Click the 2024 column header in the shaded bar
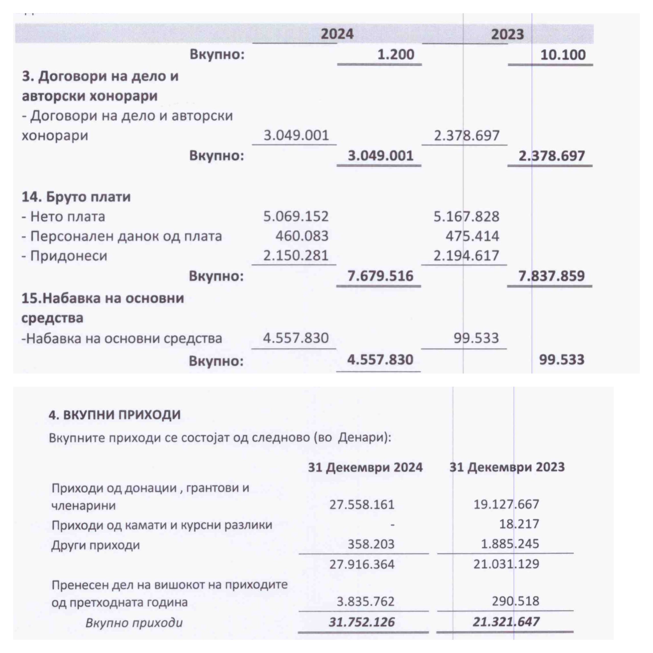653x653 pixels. click(337, 34)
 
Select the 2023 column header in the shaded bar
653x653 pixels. click(507, 34)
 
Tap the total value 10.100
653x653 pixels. click(563, 55)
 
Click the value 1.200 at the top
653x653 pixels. click(395, 54)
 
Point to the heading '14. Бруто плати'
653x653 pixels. click(76, 197)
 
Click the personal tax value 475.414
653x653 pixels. click(472, 236)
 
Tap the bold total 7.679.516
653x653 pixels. click(380, 276)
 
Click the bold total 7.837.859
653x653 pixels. click(551, 276)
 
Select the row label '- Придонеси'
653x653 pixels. click(64, 256)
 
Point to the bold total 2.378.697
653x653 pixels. click(551, 156)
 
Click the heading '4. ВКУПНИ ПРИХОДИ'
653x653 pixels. click(115, 415)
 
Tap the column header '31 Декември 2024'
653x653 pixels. click(365, 467)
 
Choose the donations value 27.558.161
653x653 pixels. click(362, 504)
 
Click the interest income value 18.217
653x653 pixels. click(519, 524)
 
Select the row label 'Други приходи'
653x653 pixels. click(96, 545)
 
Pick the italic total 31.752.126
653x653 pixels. click(362, 622)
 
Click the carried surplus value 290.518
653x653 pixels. click(516, 601)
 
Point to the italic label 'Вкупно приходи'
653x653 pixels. click(134, 623)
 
